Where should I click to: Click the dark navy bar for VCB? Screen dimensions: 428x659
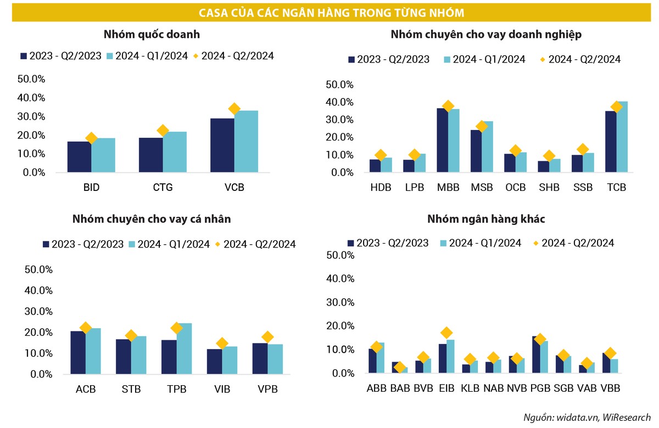(222, 145)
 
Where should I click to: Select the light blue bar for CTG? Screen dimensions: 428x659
(175, 152)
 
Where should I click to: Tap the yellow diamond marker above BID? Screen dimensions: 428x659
(92, 138)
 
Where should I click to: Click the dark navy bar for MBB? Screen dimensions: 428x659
(442, 140)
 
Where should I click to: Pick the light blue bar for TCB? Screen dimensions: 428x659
(622, 137)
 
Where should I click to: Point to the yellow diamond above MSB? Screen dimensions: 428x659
(482, 127)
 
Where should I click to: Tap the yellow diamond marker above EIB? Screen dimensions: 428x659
(446, 333)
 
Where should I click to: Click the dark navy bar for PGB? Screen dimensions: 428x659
(536, 355)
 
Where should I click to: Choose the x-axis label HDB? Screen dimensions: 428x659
(381, 188)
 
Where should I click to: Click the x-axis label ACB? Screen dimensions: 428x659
(85, 390)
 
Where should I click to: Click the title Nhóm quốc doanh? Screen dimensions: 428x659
(152, 35)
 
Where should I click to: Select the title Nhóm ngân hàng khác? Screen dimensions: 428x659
(486, 219)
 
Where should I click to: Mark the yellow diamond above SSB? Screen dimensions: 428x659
(583, 149)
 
